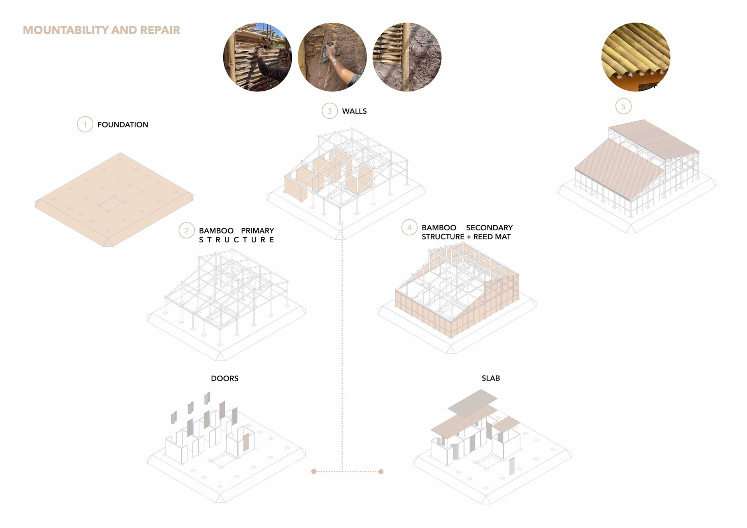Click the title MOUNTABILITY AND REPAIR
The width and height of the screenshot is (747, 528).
pos(101,30)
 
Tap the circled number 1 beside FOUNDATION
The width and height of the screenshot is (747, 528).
pos(85,125)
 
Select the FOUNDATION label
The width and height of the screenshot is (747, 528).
pos(123,125)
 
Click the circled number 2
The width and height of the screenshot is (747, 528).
pos(186,230)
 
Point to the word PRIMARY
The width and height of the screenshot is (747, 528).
pos(257,231)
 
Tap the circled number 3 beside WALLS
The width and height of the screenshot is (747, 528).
pos(330,111)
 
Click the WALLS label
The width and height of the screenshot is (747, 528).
pos(354,111)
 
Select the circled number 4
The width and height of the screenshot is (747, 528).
pos(409,228)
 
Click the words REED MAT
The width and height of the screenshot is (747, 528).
pos(492,237)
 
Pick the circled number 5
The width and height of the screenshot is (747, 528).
pos(623,106)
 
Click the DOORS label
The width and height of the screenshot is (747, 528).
pos(224,378)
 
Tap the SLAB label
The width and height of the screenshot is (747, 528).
pos(491,378)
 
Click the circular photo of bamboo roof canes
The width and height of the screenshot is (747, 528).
pos(636,57)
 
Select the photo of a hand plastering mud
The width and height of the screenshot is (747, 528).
pos(332,57)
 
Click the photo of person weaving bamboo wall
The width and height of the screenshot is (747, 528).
pos(258,57)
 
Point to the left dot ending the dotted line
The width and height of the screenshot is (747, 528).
pos(314,472)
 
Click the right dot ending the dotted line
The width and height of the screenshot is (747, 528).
pos(381,472)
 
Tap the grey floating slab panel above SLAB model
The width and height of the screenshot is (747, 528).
pos(472,403)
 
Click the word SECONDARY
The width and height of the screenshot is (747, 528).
pos(489,228)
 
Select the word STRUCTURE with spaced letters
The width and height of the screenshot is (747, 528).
pos(237,240)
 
